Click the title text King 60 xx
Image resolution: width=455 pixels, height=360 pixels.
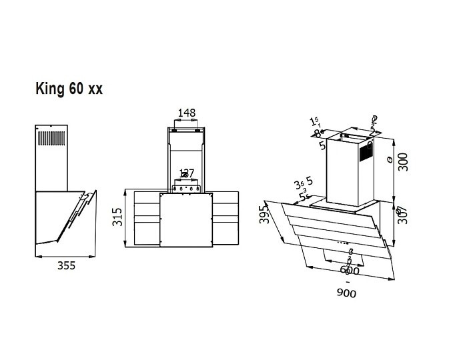(x=69, y=89)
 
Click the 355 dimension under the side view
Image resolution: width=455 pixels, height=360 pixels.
(x=65, y=265)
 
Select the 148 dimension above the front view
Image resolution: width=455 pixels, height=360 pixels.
(x=187, y=113)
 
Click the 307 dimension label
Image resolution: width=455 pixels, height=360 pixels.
(x=402, y=215)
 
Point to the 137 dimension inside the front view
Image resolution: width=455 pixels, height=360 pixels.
(x=186, y=174)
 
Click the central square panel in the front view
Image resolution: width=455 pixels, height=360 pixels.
(x=186, y=221)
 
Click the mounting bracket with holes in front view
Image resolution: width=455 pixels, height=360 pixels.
(x=187, y=188)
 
